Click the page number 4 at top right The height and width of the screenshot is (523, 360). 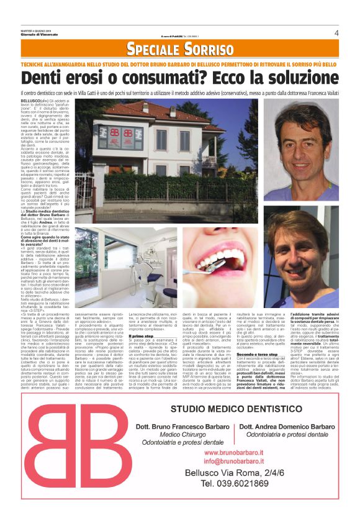click(336, 32)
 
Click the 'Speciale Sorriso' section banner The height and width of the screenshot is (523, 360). click(180, 49)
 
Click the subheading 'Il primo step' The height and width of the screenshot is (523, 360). click(141, 336)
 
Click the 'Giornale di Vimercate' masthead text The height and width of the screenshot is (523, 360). click(38, 38)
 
